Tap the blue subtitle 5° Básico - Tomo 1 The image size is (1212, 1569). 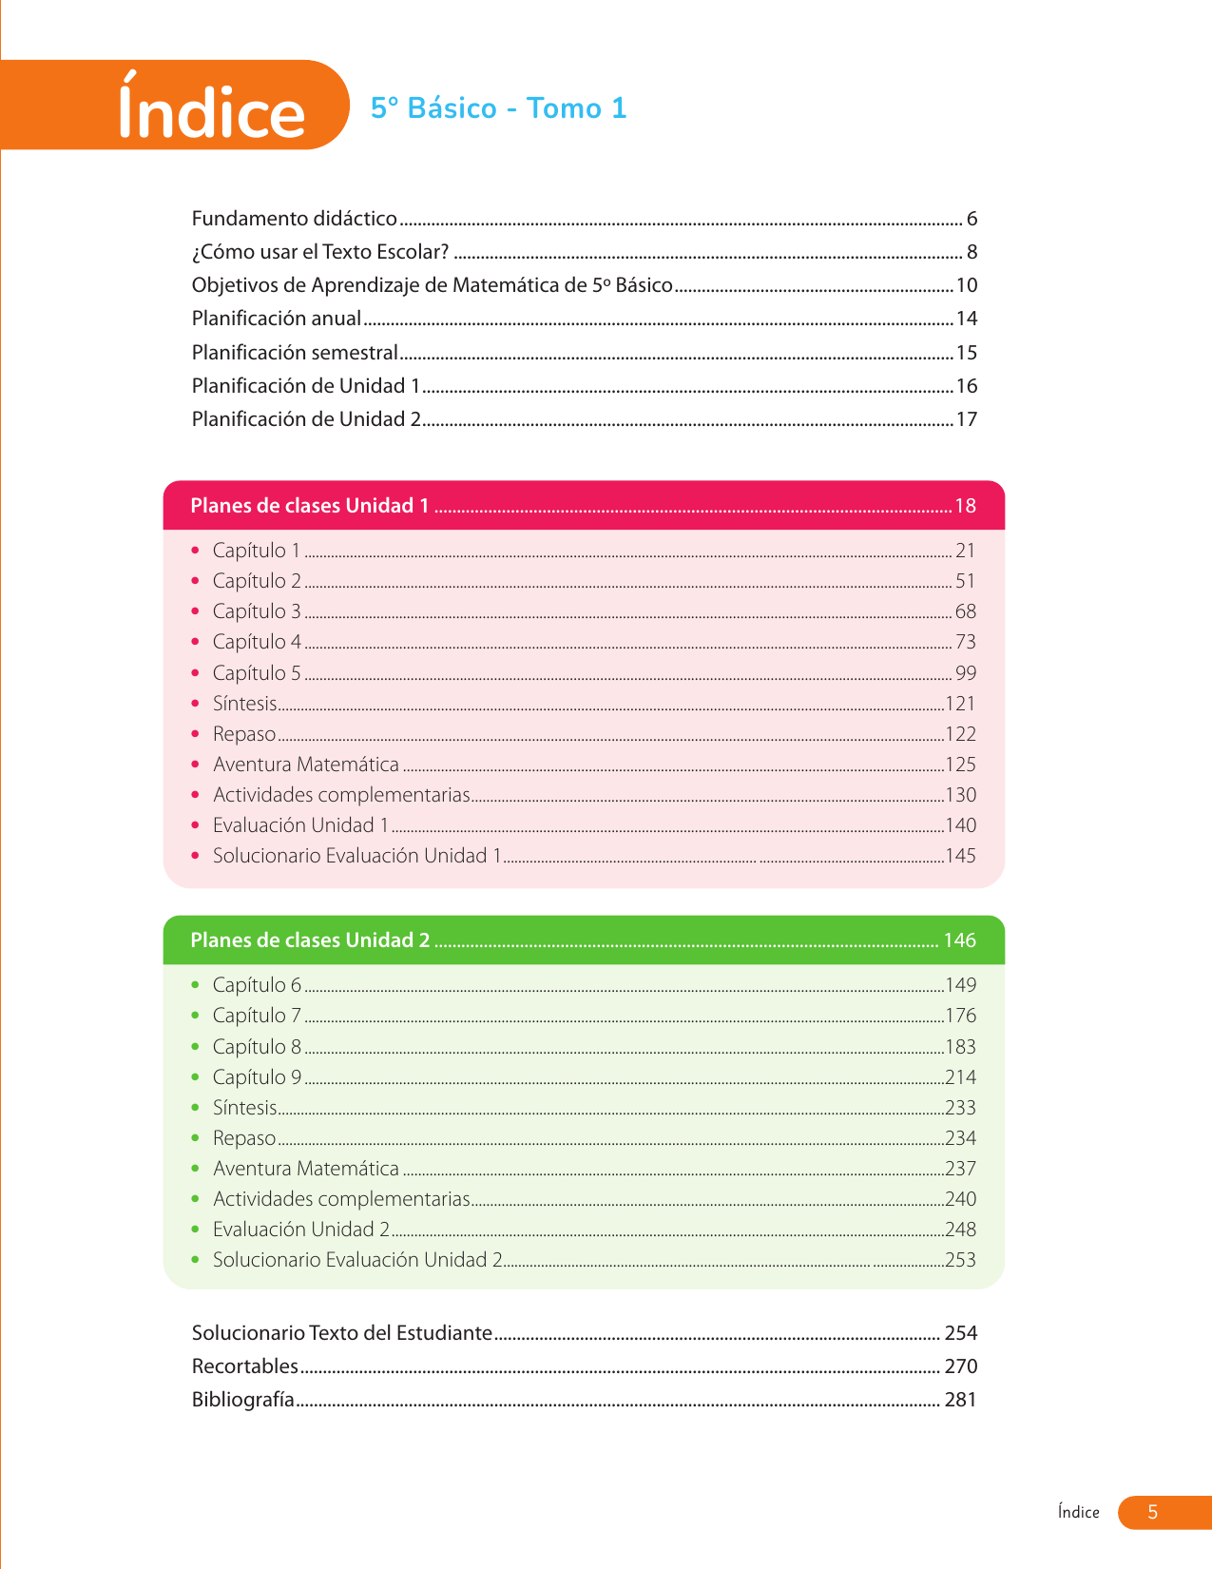tap(498, 108)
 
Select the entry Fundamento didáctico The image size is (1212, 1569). tap(294, 219)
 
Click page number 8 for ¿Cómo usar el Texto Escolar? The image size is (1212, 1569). tap(972, 252)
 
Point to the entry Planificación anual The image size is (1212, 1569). tap(276, 319)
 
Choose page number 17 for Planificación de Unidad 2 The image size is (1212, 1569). tap(966, 419)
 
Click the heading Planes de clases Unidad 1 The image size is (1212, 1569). tap(309, 506)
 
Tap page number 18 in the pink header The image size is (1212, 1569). tap(965, 506)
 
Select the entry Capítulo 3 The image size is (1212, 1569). tap(257, 611)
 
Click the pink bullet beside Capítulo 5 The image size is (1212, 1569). tap(196, 673)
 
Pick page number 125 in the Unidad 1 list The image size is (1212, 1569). tap(960, 765)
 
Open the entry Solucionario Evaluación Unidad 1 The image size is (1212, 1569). tap(356, 856)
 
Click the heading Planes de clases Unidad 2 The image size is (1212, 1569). tap(309, 940)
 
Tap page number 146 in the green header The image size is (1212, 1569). tap(959, 940)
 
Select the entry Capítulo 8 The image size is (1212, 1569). tap(257, 1047)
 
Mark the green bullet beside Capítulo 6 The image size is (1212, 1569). tap(196, 986)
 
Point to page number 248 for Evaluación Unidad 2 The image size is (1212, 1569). tap(960, 1230)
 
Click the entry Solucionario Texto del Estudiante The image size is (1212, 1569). tap(341, 1333)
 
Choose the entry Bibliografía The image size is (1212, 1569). tap(242, 1400)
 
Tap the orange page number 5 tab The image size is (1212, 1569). tap(1153, 1512)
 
